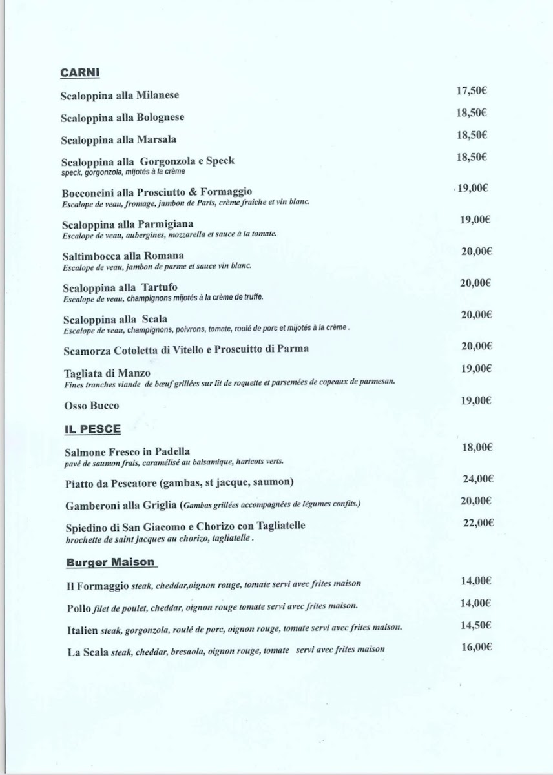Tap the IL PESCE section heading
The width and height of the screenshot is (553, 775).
click(x=93, y=429)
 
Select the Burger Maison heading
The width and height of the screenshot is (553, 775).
click(x=110, y=562)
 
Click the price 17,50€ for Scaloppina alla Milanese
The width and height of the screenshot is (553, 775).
click(x=471, y=90)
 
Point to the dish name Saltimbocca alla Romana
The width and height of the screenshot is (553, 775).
click(x=123, y=256)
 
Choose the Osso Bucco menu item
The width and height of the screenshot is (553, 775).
click(x=92, y=406)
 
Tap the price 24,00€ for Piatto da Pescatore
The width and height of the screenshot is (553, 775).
click(x=477, y=479)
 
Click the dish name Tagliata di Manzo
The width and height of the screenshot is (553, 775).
click(x=107, y=373)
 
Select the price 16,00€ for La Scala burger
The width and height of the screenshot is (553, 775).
click(x=477, y=646)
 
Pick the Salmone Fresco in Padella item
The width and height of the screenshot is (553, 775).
click(x=127, y=451)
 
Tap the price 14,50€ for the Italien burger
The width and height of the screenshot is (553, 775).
click(x=477, y=625)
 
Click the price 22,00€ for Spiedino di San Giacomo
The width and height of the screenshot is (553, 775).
click(x=478, y=522)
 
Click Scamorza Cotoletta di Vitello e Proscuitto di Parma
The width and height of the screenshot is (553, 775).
click(x=186, y=349)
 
